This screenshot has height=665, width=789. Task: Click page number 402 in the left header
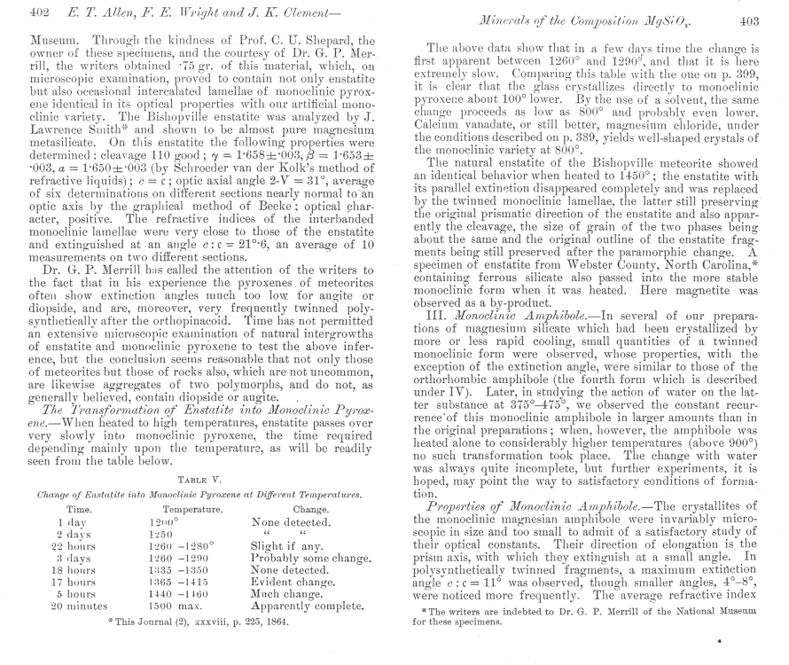click(16, 12)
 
